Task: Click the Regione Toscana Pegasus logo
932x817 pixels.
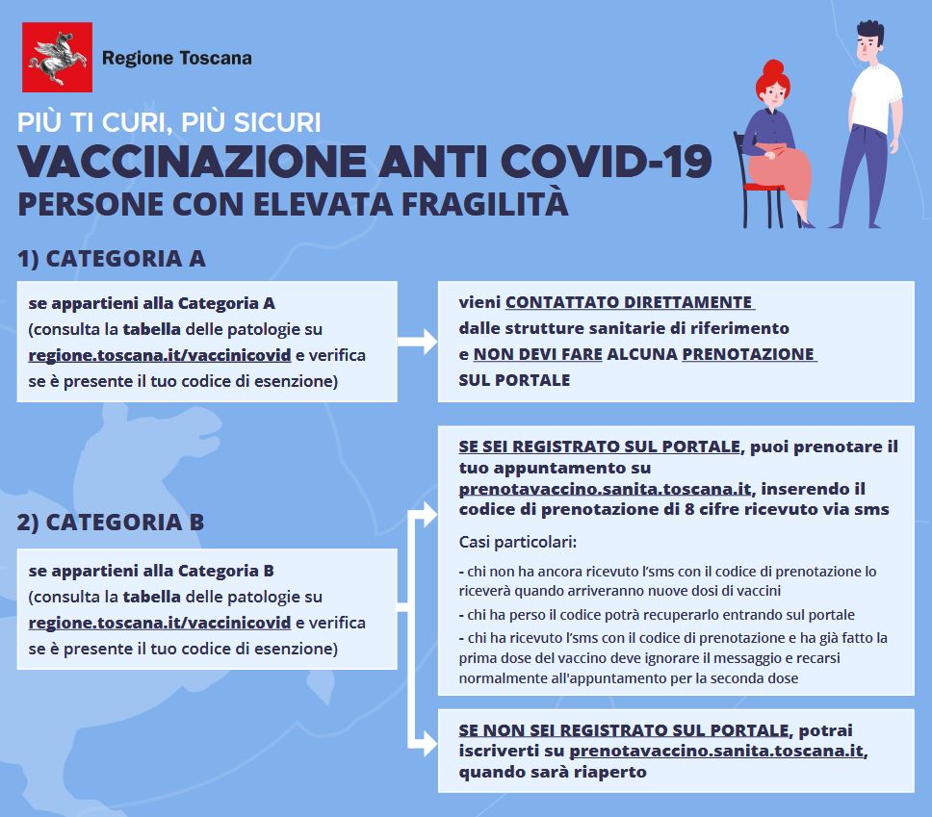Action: click(x=58, y=58)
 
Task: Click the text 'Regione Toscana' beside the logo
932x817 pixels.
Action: click(x=177, y=58)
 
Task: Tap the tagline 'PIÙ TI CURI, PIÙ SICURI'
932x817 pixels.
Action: click(x=169, y=123)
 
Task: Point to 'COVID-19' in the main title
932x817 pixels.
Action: click(x=615, y=161)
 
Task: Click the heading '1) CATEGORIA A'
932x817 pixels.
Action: click(x=112, y=259)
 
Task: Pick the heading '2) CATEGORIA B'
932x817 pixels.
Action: click(x=111, y=523)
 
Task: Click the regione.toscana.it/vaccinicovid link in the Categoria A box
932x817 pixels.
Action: click(x=160, y=355)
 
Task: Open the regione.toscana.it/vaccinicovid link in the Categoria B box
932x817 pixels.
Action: click(x=160, y=623)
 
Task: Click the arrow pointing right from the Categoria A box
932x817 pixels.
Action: click(x=417, y=342)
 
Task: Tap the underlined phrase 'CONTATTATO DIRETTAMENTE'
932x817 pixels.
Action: click(x=629, y=302)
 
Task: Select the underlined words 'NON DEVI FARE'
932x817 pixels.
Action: click(x=537, y=354)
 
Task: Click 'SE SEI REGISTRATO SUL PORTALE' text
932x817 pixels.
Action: click(x=600, y=447)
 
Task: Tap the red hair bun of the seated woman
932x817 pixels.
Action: click(x=773, y=69)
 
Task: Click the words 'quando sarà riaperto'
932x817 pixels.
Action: click(x=552, y=772)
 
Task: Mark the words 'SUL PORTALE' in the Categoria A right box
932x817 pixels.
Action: click(x=514, y=380)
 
